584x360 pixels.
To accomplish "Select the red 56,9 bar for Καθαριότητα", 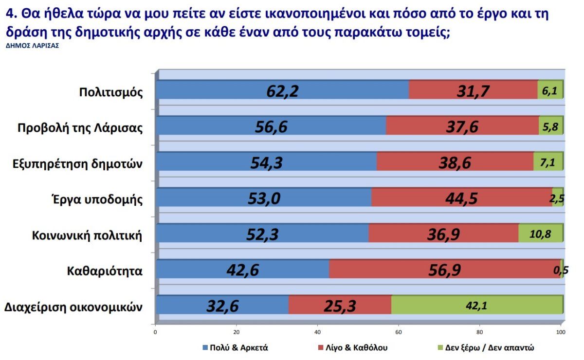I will click(444, 270).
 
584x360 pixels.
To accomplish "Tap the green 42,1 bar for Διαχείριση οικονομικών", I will click(477, 306).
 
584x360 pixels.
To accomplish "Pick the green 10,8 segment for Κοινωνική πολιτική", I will click(540, 234).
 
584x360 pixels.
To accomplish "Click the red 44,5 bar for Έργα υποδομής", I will click(461, 198).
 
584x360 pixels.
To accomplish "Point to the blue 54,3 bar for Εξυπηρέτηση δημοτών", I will click(266, 162).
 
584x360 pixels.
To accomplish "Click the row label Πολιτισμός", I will click(111, 92).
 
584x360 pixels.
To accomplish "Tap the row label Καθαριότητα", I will click(105, 271).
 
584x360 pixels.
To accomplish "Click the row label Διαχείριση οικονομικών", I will click(73, 307).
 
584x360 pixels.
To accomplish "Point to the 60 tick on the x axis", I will click(399, 333).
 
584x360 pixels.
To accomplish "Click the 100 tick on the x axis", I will click(560, 333).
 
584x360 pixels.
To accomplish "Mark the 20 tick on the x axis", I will click(236, 333).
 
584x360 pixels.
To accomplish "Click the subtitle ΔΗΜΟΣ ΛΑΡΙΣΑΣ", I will click(32, 46).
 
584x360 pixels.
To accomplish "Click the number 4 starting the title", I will click(9, 14).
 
